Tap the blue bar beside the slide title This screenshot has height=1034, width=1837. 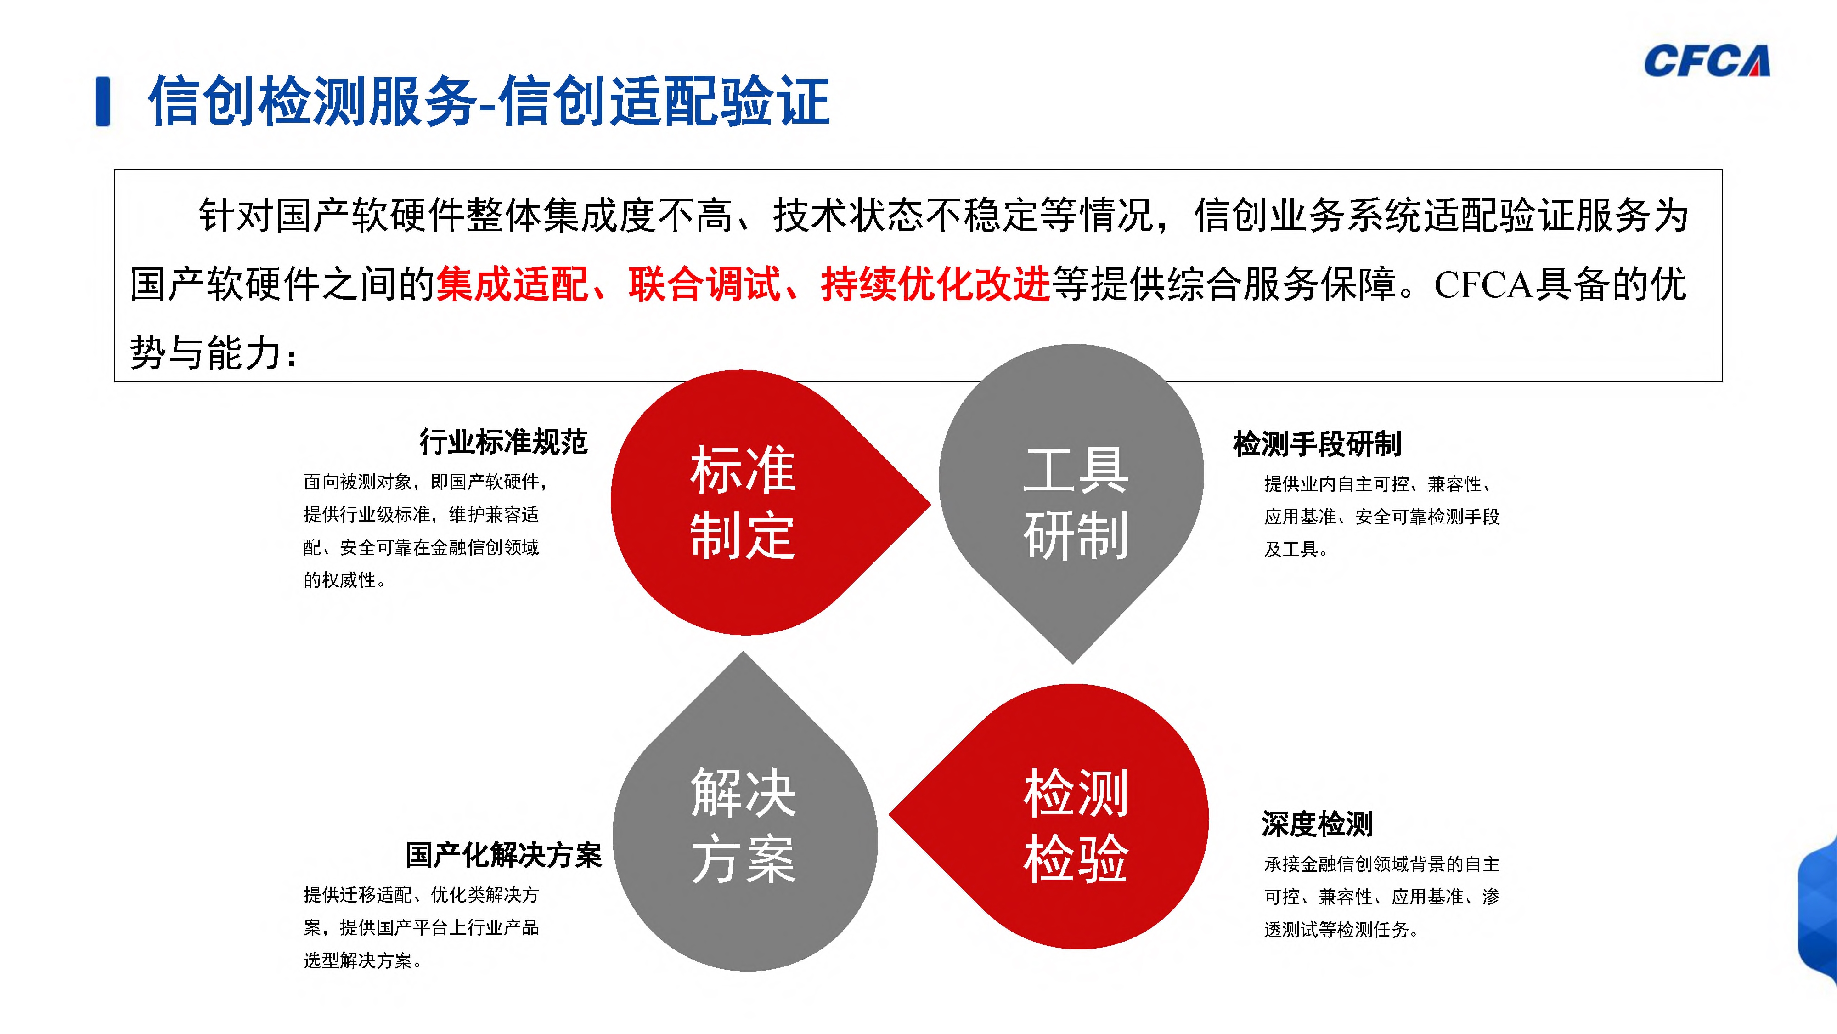(103, 101)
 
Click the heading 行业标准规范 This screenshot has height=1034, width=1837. (503, 443)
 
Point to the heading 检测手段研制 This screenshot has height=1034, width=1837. (1317, 444)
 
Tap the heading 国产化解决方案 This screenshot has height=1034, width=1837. (503, 855)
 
